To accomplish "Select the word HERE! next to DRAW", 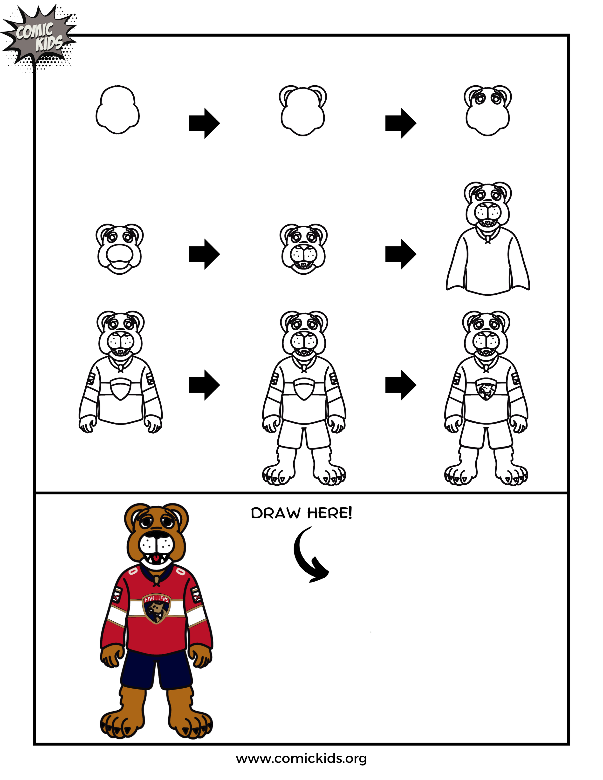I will pos(329,513).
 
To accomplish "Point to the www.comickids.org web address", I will pos(301,759).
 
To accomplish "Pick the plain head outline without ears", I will pos(117,110).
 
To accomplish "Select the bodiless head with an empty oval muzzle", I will pos(119,249).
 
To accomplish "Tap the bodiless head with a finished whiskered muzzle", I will pos(304,249).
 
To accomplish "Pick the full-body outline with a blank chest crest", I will pos(304,396).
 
